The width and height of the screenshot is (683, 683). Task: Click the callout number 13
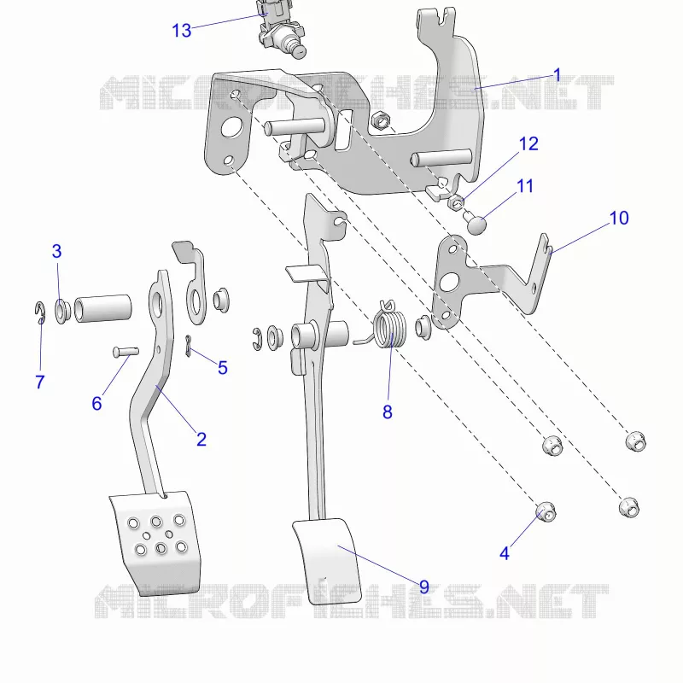pyautogui.click(x=182, y=31)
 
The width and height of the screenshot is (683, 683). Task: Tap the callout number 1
pyautogui.click(x=557, y=75)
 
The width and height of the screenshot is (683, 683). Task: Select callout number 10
pyautogui.click(x=619, y=218)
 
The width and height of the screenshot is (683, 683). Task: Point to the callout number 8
pyautogui.click(x=388, y=412)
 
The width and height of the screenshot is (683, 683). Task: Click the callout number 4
pyautogui.click(x=505, y=553)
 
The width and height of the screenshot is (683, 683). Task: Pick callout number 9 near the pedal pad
pyautogui.click(x=423, y=587)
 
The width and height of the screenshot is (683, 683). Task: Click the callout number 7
pyautogui.click(x=40, y=382)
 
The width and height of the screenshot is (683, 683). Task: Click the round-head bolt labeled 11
pyautogui.click(x=474, y=222)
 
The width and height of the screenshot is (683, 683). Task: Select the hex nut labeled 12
pyautogui.click(x=456, y=202)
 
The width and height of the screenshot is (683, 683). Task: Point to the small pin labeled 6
pyautogui.click(x=126, y=351)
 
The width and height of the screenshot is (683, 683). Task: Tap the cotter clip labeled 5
pyautogui.click(x=188, y=346)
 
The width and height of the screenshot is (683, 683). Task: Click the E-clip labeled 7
pyautogui.click(x=39, y=312)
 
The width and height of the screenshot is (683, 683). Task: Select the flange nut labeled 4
pyautogui.click(x=546, y=511)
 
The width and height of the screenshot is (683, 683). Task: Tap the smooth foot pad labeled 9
pyautogui.click(x=327, y=561)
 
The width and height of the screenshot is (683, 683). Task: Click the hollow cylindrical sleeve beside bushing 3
pyautogui.click(x=102, y=308)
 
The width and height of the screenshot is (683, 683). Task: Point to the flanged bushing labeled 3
pyautogui.click(x=62, y=311)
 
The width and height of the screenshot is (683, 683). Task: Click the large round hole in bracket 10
pyautogui.click(x=449, y=282)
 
